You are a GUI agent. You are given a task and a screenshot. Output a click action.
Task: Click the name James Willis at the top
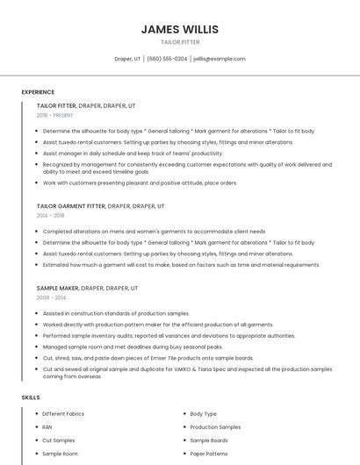tap(179, 29)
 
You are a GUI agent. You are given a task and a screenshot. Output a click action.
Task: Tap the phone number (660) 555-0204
tap(167, 59)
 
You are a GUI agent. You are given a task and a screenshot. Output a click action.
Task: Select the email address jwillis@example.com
tap(219, 59)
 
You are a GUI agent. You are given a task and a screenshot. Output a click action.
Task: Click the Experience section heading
tap(38, 92)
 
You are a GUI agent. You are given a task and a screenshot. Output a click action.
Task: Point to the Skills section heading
tap(31, 397)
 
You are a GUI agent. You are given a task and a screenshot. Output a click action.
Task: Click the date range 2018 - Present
tap(54, 115)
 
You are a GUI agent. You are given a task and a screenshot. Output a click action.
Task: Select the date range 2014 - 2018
tap(50, 215)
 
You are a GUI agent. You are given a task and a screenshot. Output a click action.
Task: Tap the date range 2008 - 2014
tap(50, 297)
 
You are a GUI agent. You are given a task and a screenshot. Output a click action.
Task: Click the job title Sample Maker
tap(57, 288)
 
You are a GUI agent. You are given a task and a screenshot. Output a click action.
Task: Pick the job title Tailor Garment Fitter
tap(70, 206)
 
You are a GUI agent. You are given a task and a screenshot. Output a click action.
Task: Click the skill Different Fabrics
tap(63, 413)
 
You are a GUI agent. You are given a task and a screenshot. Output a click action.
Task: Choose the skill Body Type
tap(203, 413)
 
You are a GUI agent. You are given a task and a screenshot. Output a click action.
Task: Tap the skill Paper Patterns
tap(209, 454)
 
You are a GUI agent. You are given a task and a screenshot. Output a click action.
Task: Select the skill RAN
tap(47, 426)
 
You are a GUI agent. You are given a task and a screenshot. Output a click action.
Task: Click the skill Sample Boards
tap(209, 440)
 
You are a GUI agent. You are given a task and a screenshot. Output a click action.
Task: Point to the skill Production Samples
tap(215, 426)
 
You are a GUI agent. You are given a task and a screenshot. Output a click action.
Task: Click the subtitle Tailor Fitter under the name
tap(179, 41)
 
